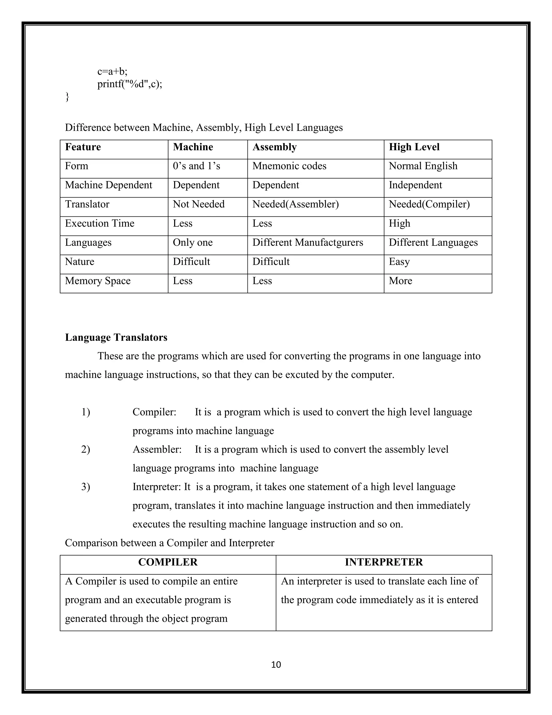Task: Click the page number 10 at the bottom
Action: click(x=276, y=664)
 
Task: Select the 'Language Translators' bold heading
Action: click(x=116, y=337)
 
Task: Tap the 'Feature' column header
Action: click(x=83, y=147)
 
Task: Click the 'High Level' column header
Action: click(x=414, y=147)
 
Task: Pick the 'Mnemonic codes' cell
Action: click(x=289, y=166)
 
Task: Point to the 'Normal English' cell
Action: click(x=423, y=166)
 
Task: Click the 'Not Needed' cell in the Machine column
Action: click(x=198, y=204)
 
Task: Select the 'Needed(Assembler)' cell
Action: click(x=295, y=204)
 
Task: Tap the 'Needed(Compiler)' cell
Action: click(x=429, y=204)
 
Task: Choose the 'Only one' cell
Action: click(x=193, y=243)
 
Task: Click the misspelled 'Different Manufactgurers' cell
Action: click(x=307, y=243)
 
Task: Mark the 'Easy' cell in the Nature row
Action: click(x=399, y=261)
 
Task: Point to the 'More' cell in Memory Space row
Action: click(x=400, y=281)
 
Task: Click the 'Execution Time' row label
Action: click(x=99, y=223)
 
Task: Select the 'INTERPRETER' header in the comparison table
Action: click(x=384, y=562)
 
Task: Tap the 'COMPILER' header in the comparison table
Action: click(x=168, y=562)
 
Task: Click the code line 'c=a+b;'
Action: click(x=112, y=71)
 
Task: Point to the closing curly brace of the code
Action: click(x=67, y=97)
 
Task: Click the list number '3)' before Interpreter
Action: click(x=86, y=487)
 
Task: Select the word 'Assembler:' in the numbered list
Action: click(x=157, y=450)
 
